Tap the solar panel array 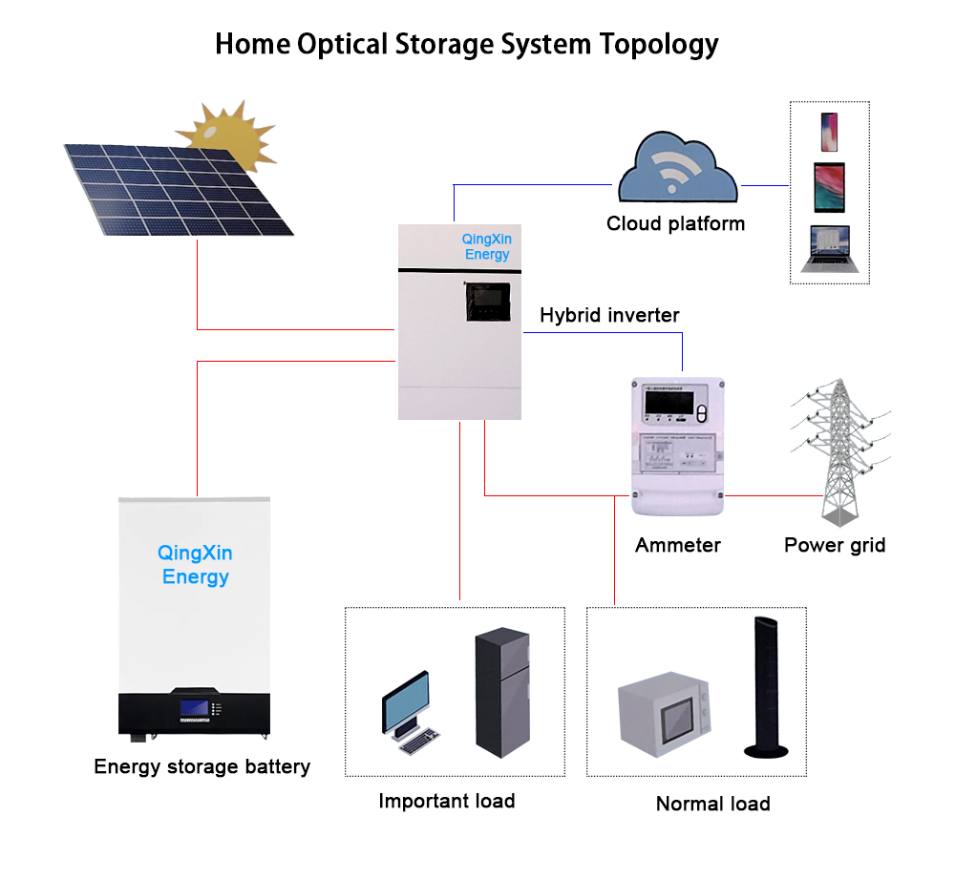(177, 186)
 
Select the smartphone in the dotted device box (829, 132)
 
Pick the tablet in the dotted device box (829, 187)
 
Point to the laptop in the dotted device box (829, 249)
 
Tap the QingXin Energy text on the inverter (487, 247)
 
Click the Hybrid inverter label (609, 315)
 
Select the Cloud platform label (675, 224)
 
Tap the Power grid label (834, 546)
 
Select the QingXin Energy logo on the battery (195, 565)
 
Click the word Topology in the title (659, 44)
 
